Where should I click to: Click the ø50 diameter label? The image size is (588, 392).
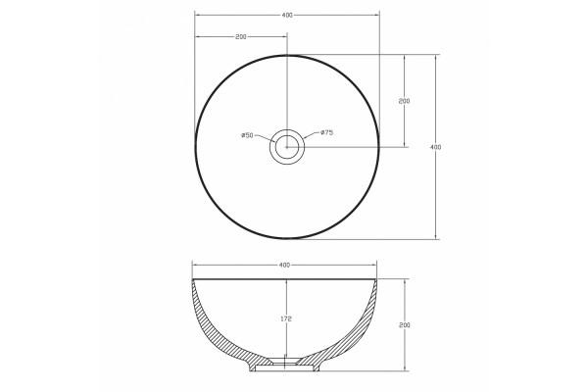point(247,135)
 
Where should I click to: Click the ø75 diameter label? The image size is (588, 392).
point(327,132)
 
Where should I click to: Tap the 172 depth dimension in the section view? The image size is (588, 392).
point(286,318)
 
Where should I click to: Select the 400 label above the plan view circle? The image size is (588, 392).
point(287,16)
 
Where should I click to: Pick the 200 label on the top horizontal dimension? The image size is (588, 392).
point(241,37)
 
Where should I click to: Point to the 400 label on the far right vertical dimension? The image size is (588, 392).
point(435,147)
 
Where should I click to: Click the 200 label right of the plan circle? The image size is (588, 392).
point(404,101)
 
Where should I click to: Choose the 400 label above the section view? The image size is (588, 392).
point(284,265)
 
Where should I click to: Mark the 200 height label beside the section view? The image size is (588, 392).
point(405,324)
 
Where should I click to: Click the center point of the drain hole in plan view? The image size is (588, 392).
point(287,147)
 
